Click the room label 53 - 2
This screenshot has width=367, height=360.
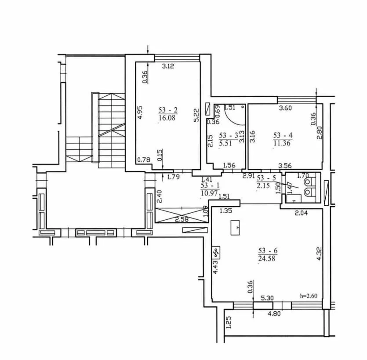pos(168,110)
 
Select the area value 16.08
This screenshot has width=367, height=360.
pos(167,117)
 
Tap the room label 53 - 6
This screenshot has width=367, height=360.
pos(268,251)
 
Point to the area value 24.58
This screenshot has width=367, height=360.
pos(267,258)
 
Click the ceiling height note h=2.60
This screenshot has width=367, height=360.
pos(309,296)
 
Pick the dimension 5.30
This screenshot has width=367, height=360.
pos(267,298)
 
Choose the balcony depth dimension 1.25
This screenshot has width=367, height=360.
pos(229,323)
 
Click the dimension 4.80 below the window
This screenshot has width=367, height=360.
pos(274,313)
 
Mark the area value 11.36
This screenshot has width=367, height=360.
pos(282,143)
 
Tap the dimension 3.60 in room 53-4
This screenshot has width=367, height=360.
pos(286,108)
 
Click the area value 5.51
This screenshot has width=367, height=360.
pos(225,143)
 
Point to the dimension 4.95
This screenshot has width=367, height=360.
pos(140,113)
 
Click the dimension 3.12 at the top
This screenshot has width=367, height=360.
pos(168,66)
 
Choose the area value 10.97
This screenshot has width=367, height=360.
pos(209,193)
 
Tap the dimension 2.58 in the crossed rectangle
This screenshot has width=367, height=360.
pos(182,219)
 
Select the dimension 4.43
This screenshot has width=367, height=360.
pos(216,267)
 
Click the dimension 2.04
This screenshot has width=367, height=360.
pos(301,213)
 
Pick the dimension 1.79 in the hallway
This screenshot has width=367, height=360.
pos(174,177)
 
